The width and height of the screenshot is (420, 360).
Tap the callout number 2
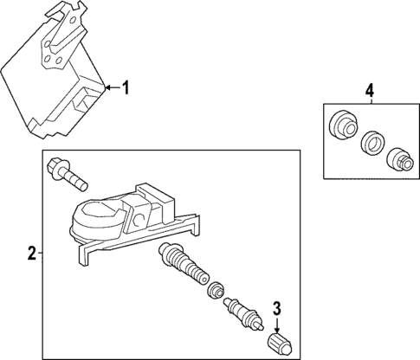(31, 254)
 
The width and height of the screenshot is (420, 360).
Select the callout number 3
(277, 306)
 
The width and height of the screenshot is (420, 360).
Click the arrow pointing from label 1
(108, 87)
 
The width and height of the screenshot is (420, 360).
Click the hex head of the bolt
(59, 164)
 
